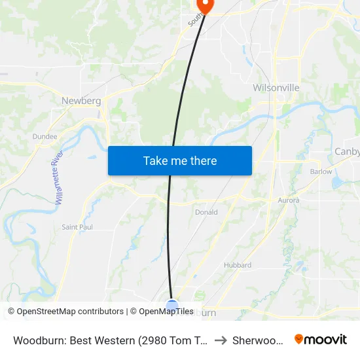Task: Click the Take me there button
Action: [x=180, y=160]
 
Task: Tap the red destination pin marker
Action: [x=205, y=5]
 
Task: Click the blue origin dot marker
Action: [x=172, y=306]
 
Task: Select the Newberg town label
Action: [x=81, y=101]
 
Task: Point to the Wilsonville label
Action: [x=276, y=88]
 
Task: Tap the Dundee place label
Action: [x=45, y=137]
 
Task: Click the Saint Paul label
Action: [x=77, y=227]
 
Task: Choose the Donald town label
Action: [x=206, y=212]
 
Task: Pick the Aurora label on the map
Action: [x=289, y=200]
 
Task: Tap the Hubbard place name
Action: [x=238, y=265]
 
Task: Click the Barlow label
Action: [x=321, y=171]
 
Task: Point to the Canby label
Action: [x=347, y=152]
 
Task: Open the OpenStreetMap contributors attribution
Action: [x=66, y=312]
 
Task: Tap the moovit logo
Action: [x=321, y=339]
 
